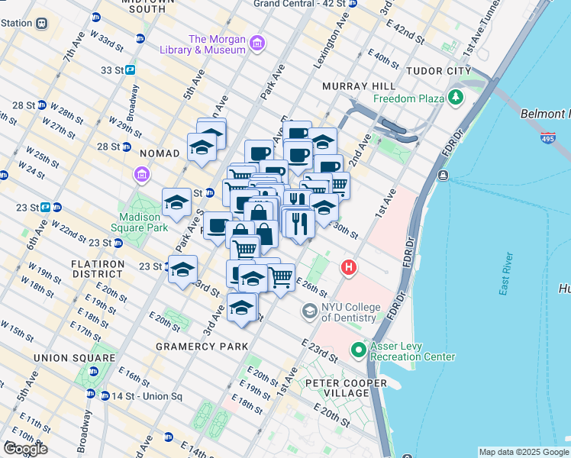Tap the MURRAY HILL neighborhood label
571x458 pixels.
(x=358, y=86)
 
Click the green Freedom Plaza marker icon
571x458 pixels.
(x=456, y=97)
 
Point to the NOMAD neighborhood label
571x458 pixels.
(x=157, y=153)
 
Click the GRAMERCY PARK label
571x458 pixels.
(x=202, y=347)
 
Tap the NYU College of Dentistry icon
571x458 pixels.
(x=309, y=311)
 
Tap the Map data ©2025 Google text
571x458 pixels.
(x=523, y=452)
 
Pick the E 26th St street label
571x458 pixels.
(x=311, y=288)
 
